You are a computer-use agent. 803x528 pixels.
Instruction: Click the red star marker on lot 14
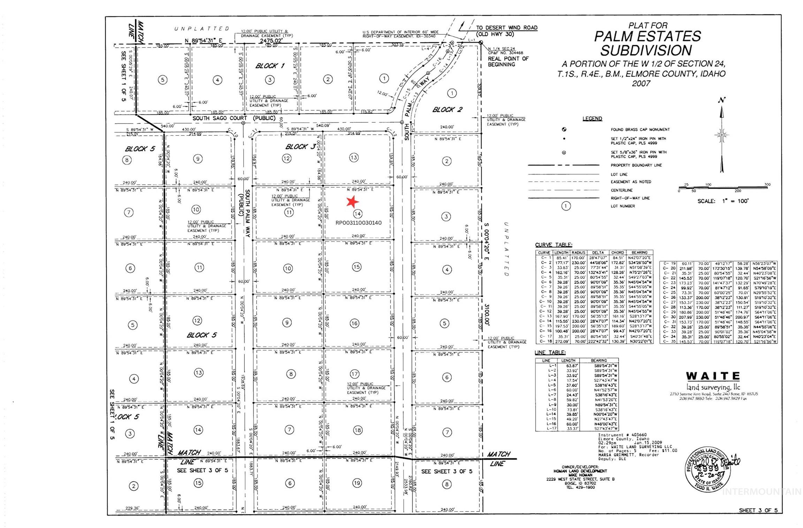[352, 201]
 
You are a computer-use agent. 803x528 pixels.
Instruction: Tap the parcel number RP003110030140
[358, 223]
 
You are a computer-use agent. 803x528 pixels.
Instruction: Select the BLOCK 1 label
[270, 66]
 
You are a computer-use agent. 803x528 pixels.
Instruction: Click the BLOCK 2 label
[447, 110]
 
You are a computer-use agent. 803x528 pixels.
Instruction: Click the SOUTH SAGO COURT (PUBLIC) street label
[234, 118]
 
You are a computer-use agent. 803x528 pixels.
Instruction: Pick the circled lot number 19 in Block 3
[357, 483]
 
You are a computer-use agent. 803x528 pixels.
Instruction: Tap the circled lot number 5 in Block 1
[162, 80]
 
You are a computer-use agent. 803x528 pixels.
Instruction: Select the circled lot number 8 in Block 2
[447, 484]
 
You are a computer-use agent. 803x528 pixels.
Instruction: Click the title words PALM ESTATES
[647, 37]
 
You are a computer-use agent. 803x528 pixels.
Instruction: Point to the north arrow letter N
[722, 100]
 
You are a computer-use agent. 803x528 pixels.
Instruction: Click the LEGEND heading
[592, 119]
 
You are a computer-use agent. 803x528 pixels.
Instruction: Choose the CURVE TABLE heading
[554, 245]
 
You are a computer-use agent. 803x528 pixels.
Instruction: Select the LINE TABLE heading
[550, 352]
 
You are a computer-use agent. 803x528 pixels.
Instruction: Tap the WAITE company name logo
[713, 376]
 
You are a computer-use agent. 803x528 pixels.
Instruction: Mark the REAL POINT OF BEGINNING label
[508, 61]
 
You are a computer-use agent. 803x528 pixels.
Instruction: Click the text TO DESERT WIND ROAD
[507, 28]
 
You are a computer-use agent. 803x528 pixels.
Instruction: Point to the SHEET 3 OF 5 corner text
[758, 510]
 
